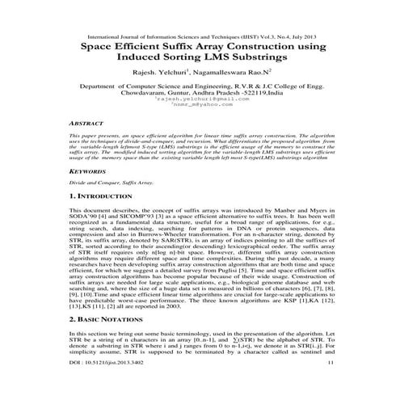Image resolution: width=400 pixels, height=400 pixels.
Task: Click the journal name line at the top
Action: click(200, 36)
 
